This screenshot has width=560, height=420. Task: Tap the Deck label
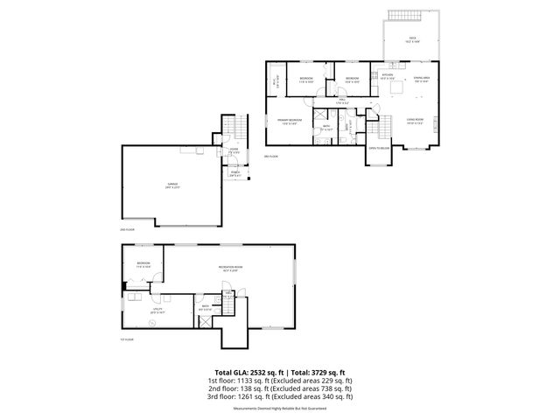(412, 38)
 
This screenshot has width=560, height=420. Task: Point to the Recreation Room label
(231, 268)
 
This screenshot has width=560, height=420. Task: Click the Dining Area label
(422, 78)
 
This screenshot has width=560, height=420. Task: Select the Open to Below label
(378, 149)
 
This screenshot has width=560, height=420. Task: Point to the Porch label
(234, 174)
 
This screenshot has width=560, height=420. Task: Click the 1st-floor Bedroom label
(143, 263)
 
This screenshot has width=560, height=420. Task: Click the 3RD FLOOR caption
(271, 157)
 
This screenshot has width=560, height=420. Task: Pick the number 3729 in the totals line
(329, 371)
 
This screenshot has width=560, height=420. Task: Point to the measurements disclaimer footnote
(279, 409)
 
